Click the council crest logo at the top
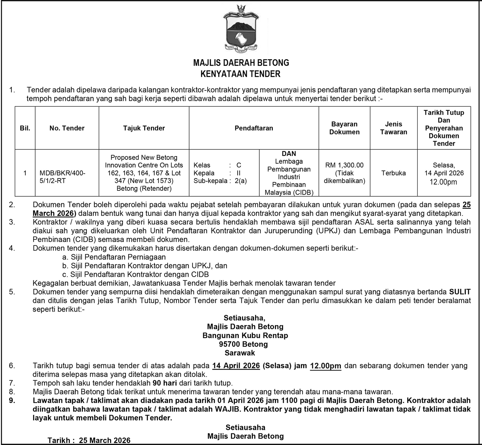point(241,29)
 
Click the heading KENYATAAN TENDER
point(241,74)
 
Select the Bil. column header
point(25,128)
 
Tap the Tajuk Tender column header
point(144,128)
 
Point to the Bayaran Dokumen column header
point(344,128)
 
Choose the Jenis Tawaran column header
point(394,128)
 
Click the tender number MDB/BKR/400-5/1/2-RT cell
point(62,177)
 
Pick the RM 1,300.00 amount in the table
point(344,165)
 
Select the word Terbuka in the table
point(394,173)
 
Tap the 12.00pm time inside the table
point(443,182)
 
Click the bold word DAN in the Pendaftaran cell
point(289,154)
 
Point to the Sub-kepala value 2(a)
point(241,181)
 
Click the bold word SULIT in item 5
point(460,292)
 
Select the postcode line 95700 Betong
point(243,344)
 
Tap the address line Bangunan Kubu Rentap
point(245,335)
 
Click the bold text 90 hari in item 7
point(165,383)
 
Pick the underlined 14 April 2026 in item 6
point(236,366)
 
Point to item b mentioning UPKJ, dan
point(145,266)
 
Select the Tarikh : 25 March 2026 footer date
point(89,440)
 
